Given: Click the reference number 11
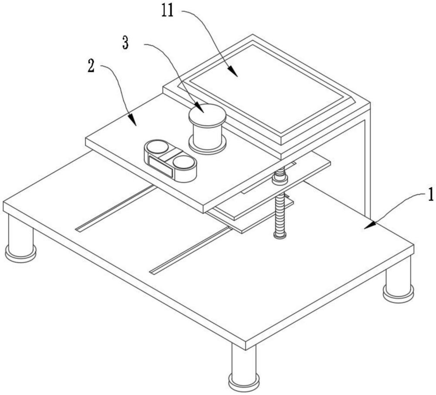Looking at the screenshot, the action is [168, 11].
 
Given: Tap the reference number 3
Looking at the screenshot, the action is [126, 43].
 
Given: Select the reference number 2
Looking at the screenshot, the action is [91, 66].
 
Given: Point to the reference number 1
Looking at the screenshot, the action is [430, 194].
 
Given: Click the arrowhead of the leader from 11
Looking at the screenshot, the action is [233, 71].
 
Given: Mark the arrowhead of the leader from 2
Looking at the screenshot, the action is [132, 120].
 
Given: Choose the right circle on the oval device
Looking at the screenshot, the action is [183, 162].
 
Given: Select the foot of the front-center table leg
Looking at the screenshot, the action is [244, 382].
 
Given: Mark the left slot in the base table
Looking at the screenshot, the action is [116, 209].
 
